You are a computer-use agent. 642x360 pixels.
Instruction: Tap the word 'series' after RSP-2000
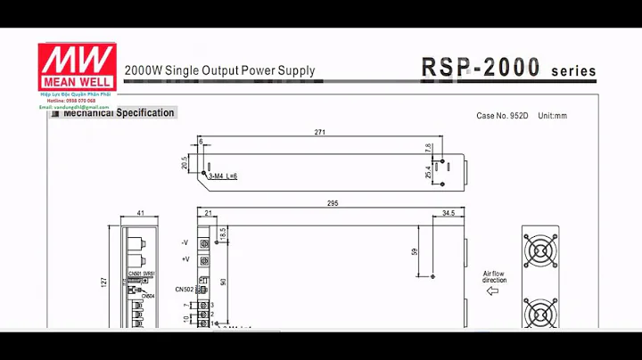[x=574, y=71]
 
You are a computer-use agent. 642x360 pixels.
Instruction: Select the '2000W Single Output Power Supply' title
[x=219, y=70]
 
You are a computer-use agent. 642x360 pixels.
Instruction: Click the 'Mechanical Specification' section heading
[x=119, y=113]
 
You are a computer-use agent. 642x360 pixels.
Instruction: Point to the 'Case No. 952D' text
[x=502, y=116]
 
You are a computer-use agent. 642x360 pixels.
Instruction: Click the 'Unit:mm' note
[x=553, y=116]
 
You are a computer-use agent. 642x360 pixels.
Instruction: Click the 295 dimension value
[x=332, y=204]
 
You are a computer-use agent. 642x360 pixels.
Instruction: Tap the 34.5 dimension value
[x=449, y=214]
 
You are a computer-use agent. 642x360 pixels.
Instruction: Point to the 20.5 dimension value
[x=185, y=163]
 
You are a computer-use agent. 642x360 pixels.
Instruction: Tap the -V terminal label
[x=185, y=242]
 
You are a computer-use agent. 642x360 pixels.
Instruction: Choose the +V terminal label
[x=185, y=259]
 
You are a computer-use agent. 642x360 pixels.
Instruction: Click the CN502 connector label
[x=184, y=289]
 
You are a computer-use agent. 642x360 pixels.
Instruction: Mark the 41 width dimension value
[x=141, y=214]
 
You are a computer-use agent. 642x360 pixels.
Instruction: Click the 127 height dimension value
[x=104, y=282]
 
